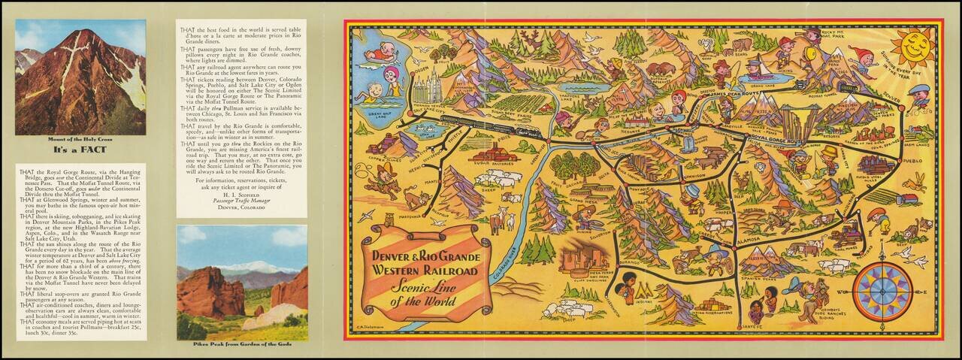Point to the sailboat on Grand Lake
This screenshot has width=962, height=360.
click(756, 66)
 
